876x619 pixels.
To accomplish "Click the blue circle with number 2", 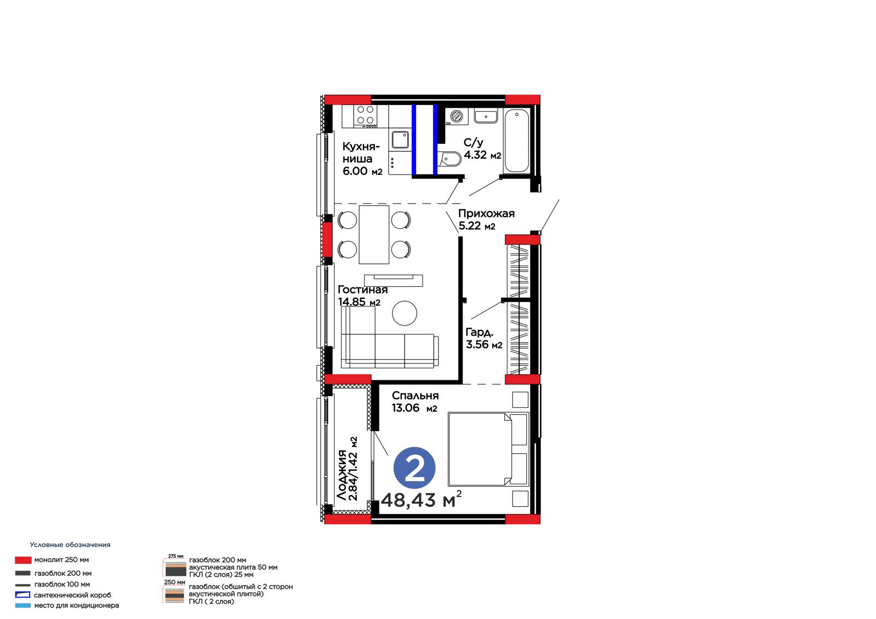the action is (414, 468).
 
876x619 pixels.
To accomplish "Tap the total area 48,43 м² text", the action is (421, 499).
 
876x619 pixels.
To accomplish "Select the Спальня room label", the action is (415, 395).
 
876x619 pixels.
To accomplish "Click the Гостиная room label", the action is (362, 290).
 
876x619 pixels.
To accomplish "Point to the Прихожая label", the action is (486, 213).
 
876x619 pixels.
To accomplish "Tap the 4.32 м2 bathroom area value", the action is (482, 155).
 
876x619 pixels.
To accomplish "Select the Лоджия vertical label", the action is (342, 475).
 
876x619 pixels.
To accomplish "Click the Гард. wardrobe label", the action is (479, 332).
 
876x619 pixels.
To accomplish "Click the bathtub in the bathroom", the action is (516, 141).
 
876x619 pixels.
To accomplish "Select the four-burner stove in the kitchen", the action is (365, 116).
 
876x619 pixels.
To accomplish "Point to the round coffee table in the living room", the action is (405, 313).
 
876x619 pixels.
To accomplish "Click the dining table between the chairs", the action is (374, 235).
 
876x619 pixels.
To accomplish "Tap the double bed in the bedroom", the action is (488, 449).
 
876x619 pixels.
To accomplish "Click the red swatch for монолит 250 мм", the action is (23, 560).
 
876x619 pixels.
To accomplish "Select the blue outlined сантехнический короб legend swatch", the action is (22, 595).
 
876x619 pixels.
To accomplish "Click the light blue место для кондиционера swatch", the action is (22, 606).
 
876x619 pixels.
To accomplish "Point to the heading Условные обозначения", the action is (70, 545).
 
